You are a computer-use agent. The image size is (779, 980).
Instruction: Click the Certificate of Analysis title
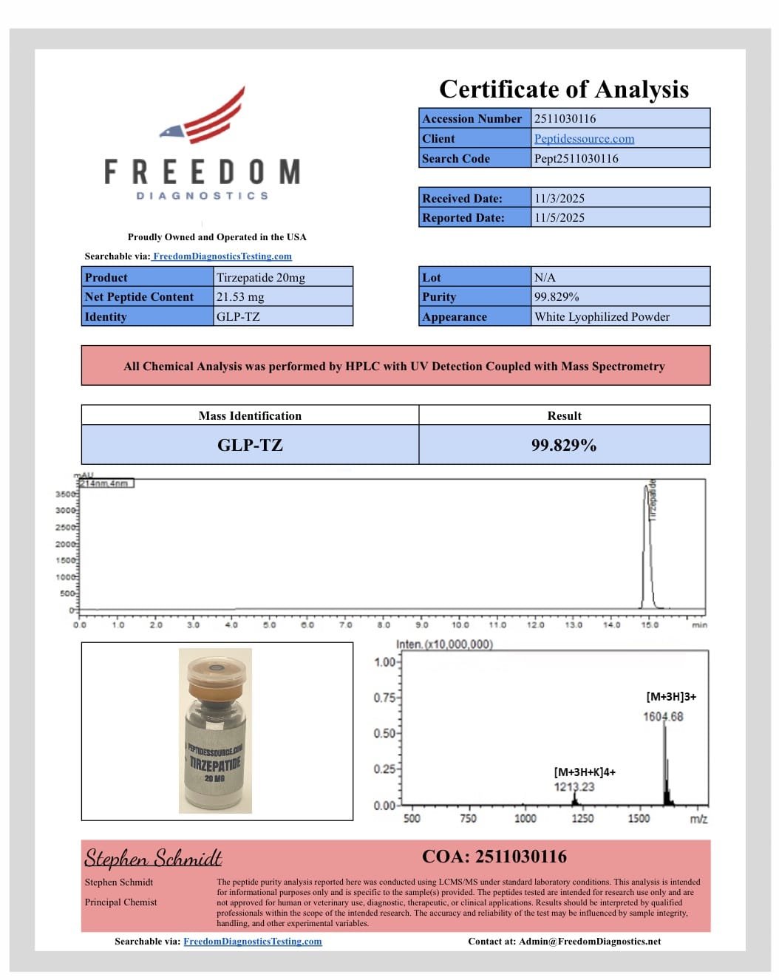tap(563, 89)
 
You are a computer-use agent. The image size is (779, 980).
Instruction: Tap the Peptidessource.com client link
tap(584, 138)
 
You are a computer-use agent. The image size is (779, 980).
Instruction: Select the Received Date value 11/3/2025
tap(559, 198)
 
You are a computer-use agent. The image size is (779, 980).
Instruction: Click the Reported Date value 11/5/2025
tap(559, 217)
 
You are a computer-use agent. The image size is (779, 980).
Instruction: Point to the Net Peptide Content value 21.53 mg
tap(240, 296)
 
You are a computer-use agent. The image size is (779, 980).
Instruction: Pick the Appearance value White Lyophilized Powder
tap(602, 316)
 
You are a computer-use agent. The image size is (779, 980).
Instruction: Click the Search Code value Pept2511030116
tap(576, 158)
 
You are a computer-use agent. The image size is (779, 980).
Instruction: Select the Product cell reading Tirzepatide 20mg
tap(261, 277)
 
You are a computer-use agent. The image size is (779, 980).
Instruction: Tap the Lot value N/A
tap(545, 277)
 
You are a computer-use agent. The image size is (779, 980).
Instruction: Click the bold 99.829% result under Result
tap(564, 445)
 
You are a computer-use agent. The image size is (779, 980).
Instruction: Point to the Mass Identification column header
tap(250, 415)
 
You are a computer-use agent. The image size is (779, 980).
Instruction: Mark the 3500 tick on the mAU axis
tap(66, 494)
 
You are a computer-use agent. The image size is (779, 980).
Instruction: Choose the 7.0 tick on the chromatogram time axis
tap(345, 625)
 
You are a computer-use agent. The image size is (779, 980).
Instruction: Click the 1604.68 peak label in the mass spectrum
tap(663, 716)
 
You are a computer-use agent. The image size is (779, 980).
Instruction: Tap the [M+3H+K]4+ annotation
tap(585, 772)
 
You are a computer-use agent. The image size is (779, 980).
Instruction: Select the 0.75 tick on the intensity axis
tap(385, 697)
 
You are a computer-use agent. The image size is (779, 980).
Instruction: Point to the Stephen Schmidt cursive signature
tap(153, 858)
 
